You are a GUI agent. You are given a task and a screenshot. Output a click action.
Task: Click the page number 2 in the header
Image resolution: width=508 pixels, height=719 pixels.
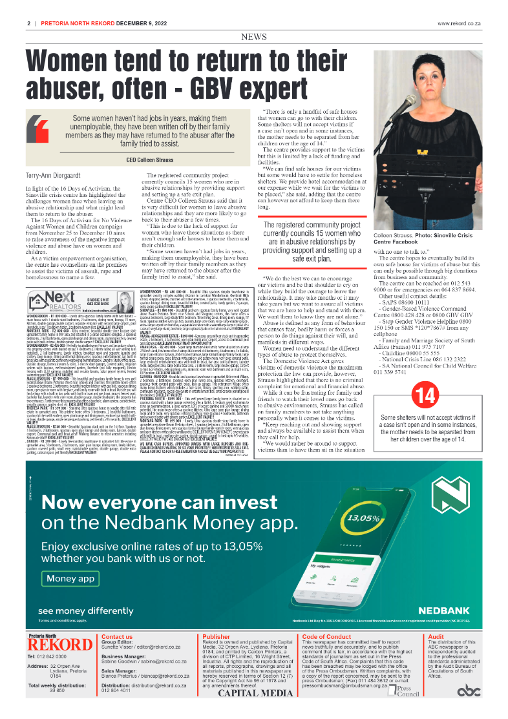click(x=29, y=23)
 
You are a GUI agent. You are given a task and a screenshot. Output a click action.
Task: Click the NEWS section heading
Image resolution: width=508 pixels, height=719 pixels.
click(x=254, y=37)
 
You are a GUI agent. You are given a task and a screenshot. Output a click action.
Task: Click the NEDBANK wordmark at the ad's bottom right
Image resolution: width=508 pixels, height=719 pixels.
click(x=447, y=610)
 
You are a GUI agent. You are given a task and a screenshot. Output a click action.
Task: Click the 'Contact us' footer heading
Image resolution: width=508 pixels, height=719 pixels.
click(x=117, y=636)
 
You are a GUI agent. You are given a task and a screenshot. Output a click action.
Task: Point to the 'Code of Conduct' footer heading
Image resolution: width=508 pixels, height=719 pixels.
click(x=327, y=636)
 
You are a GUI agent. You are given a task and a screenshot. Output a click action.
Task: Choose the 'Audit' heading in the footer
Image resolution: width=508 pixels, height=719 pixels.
click(x=436, y=636)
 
